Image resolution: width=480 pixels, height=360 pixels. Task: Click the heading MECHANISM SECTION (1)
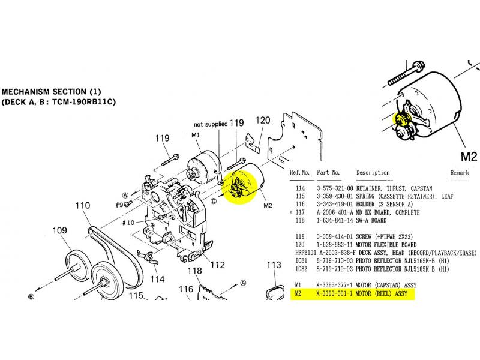tap(52, 92)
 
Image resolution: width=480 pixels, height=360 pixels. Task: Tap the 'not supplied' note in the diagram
tap(210, 124)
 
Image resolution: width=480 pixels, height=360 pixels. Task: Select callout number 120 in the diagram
tap(263, 121)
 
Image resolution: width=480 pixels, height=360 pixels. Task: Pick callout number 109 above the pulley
tap(59, 230)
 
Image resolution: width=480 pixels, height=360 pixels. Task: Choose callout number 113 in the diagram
tap(274, 265)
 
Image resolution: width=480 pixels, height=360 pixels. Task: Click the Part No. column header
tap(328, 172)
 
